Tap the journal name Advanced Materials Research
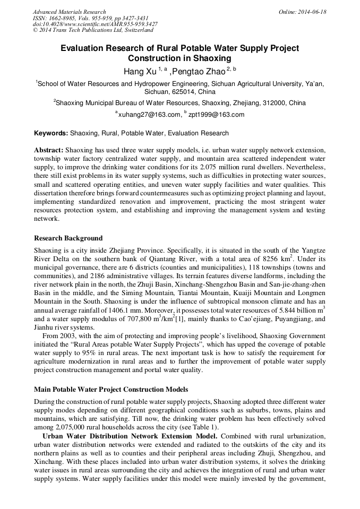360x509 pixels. (x=69, y=12)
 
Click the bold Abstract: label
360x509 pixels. (x=49, y=150)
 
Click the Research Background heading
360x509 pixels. (x=68, y=238)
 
